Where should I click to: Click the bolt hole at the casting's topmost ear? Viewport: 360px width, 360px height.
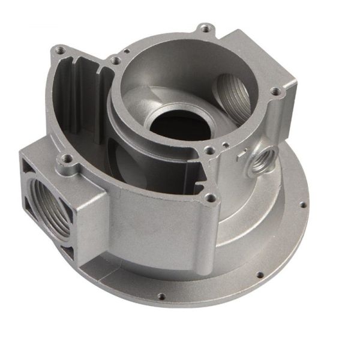205,28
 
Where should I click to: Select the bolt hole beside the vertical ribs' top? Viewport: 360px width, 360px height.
113,59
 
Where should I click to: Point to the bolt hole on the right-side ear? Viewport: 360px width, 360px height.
275,92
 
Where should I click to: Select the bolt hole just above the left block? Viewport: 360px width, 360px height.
66,160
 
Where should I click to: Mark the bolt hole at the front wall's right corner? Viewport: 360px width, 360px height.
209,197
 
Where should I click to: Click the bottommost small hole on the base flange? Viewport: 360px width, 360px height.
161,295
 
